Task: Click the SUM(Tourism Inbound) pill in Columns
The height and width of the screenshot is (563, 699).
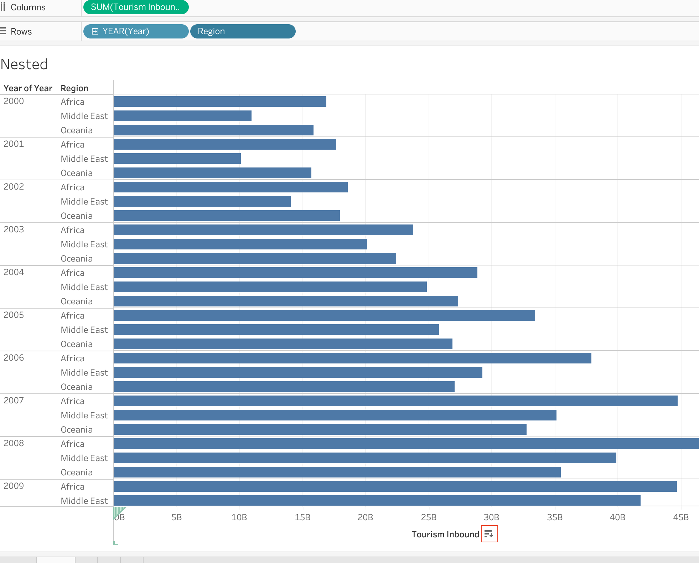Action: click(x=136, y=7)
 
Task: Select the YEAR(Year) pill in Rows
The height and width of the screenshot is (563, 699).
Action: click(x=136, y=31)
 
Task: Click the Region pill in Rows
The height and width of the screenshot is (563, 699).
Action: click(x=243, y=31)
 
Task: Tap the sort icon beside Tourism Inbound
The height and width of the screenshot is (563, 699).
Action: click(x=489, y=534)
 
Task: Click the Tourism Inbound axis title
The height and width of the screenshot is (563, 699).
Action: click(x=445, y=534)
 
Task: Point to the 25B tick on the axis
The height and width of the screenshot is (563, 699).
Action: click(x=429, y=517)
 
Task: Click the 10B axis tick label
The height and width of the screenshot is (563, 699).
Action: click(x=239, y=517)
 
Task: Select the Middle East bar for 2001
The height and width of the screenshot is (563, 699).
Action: click(x=177, y=159)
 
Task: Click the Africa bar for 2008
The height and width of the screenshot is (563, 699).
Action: click(x=406, y=444)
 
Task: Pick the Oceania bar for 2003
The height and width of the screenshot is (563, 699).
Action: click(x=255, y=258)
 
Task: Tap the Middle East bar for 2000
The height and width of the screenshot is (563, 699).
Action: click(x=182, y=116)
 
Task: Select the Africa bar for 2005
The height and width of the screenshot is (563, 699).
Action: click(x=324, y=315)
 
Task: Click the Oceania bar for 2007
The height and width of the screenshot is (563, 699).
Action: click(x=320, y=429)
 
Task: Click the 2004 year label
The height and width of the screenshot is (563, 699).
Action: click(x=14, y=272)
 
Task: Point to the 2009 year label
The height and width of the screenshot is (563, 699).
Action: click(x=14, y=486)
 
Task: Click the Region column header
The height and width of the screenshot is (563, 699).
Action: click(x=74, y=88)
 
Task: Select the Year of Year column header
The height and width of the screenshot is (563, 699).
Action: click(x=28, y=88)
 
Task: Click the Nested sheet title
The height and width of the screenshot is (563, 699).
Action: click(x=24, y=64)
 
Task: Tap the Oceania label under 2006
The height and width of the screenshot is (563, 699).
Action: click(x=77, y=387)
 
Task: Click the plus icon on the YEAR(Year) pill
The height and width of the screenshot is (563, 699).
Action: click(x=95, y=31)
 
